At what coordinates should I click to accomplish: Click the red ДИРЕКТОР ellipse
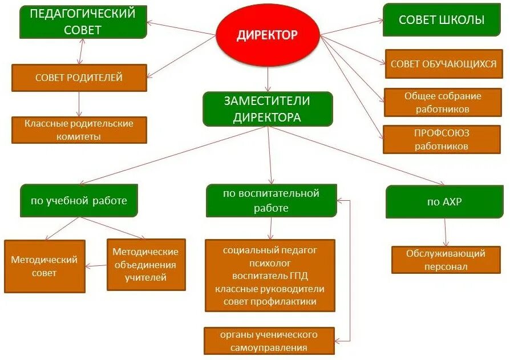point(267,35)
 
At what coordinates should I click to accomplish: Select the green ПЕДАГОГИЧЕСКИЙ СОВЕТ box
point(82,22)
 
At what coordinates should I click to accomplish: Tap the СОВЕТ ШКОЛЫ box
point(442,20)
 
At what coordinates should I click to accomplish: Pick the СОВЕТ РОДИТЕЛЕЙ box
point(79,78)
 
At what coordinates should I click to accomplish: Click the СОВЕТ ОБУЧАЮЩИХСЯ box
point(443,64)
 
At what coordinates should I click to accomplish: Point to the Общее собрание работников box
point(443,102)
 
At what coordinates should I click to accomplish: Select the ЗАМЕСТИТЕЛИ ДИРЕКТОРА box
point(267,109)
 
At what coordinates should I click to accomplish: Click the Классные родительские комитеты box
point(79,130)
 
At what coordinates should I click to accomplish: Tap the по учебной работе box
point(79,201)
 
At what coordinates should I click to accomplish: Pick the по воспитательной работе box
point(271,200)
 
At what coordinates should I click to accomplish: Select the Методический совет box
point(44,266)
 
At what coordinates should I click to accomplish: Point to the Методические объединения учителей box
point(145,265)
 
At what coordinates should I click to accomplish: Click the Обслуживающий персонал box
point(446,260)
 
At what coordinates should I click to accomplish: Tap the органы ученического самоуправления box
point(269,341)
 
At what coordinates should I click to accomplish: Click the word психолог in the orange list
point(270,263)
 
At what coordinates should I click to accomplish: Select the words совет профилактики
point(270,301)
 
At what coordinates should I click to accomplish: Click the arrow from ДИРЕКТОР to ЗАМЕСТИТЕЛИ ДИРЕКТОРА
point(268,77)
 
